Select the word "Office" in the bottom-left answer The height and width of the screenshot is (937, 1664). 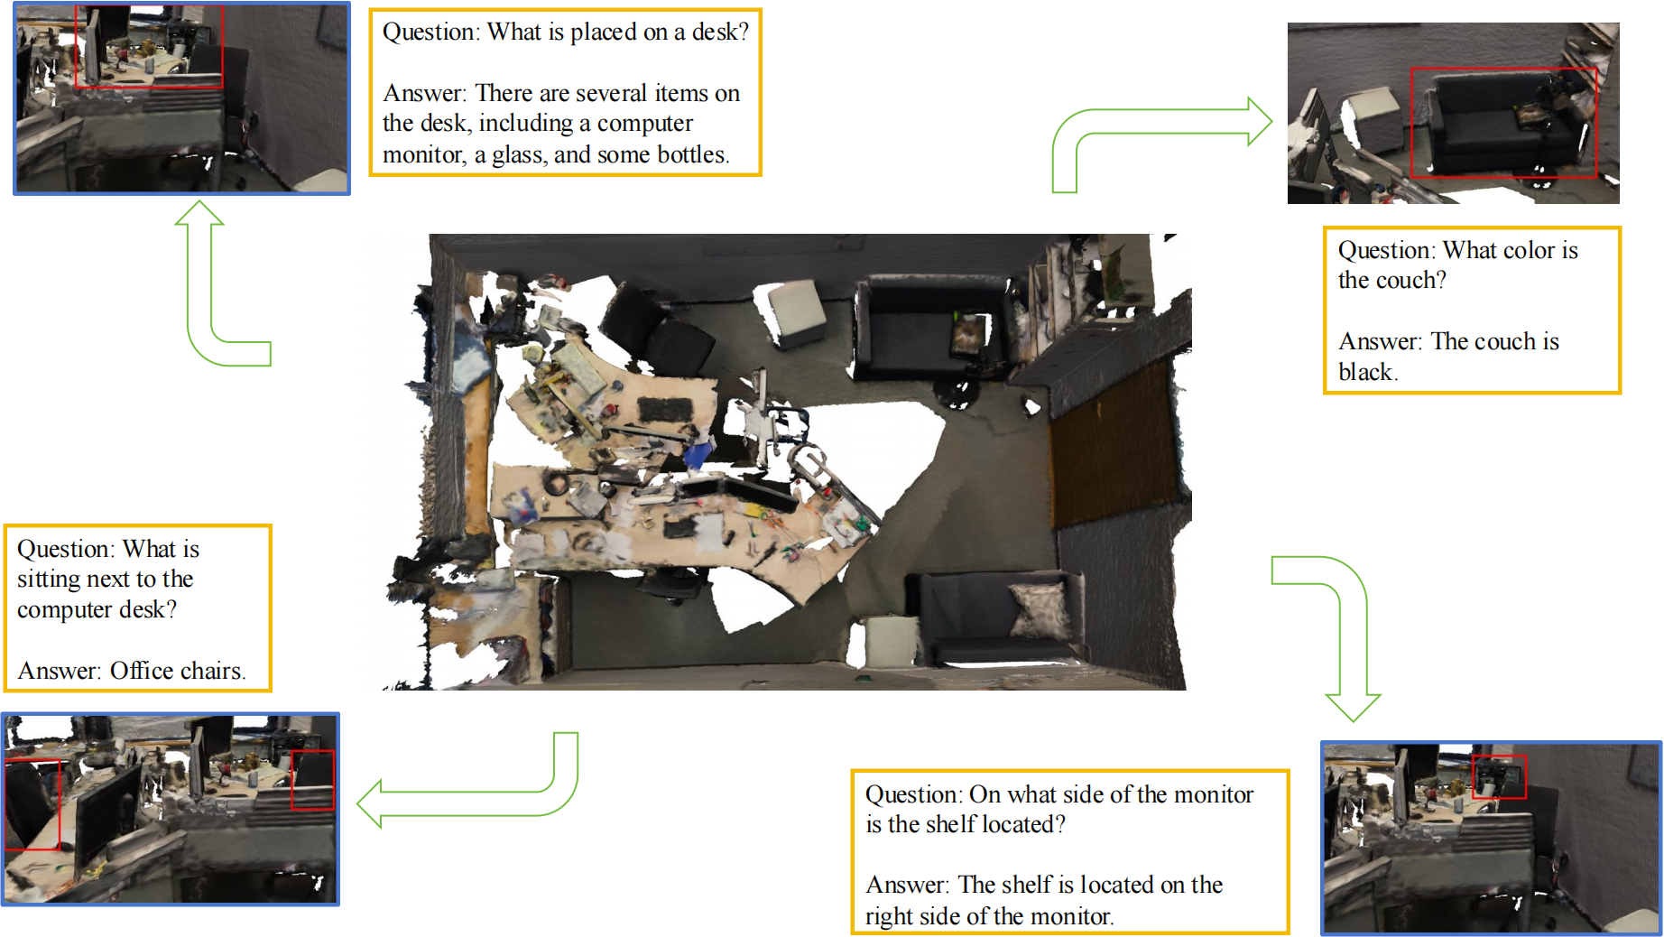click(x=142, y=671)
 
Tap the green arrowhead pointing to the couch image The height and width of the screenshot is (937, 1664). click(x=1260, y=121)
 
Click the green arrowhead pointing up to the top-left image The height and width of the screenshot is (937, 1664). click(x=199, y=213)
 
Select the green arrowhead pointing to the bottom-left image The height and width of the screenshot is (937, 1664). click(x=369, y=803)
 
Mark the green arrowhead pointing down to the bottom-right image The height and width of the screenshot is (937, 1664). click(x=1353, y=708)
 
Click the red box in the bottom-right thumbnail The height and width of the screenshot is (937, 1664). click(x=1499, y=776)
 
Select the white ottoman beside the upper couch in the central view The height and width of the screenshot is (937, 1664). click(x=793, y=311)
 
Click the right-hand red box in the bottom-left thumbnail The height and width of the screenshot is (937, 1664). click(x=313, y=781)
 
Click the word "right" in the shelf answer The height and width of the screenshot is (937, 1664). click(x=889, y=917)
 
